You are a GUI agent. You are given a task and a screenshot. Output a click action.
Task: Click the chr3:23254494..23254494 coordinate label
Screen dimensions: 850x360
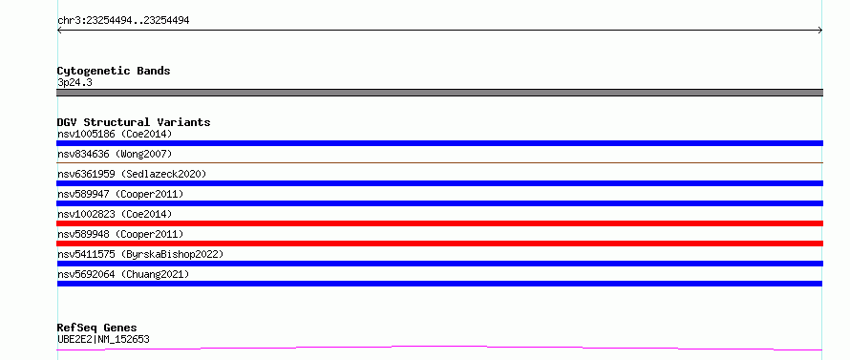pos(123,21)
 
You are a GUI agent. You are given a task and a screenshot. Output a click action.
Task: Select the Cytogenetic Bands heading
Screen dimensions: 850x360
pos(114,71)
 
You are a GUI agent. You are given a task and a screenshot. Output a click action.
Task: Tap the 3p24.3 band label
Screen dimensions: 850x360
pos(74,83)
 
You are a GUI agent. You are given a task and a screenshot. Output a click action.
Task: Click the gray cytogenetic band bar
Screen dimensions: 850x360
pos(439,93)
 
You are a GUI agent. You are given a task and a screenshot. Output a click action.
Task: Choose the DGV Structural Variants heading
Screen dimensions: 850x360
pos(134,122)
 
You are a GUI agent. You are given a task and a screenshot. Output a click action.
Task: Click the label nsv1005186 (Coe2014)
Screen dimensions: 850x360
pos(115,134)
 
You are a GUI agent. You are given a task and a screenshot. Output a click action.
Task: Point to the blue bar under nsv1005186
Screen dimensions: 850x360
pos(439,143)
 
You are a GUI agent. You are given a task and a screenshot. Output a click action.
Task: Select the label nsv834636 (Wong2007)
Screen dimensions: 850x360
pos(115,154)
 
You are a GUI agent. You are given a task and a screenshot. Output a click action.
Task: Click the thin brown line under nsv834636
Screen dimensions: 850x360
pos(439,162)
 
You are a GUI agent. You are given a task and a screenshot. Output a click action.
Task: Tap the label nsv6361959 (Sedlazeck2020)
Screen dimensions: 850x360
pos(132,174)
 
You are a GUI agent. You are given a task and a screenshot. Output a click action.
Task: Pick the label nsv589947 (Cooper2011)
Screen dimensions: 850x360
pos(120,194)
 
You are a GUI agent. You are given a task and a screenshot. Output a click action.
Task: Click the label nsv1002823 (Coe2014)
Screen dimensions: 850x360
pos(115,214)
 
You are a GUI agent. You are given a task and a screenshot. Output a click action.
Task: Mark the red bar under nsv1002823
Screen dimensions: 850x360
pos(439,223)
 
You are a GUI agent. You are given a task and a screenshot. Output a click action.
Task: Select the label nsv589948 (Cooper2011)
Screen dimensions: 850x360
pos(120,234)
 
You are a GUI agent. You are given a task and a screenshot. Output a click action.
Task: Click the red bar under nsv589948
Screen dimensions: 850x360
pos(439,244)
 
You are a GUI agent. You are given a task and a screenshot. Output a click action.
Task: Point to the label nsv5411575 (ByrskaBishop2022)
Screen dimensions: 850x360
pos(140,254)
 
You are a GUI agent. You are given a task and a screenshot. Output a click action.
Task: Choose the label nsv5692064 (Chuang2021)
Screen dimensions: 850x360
pos(123,274)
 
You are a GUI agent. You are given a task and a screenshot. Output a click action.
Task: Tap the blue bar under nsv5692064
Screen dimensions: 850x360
pos(439,284)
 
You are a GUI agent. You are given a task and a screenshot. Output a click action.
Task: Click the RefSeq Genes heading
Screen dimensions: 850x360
pos(97,328)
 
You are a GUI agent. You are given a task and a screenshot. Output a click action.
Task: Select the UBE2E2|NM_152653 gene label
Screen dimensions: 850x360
pos(103,340)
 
